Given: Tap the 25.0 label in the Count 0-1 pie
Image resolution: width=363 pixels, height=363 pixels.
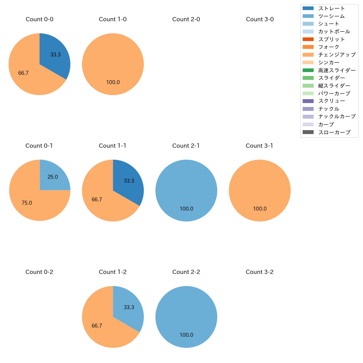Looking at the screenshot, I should (53, 177).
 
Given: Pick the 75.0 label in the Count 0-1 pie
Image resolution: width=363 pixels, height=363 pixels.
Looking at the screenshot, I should (27, 203).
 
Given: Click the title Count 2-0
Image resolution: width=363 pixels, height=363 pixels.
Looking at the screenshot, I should (186, 19).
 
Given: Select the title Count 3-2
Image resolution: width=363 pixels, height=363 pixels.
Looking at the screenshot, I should (260, 272).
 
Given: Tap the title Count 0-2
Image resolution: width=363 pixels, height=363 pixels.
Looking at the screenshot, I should (39, 272).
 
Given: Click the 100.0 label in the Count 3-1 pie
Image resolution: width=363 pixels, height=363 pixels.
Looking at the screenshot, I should (260, 209).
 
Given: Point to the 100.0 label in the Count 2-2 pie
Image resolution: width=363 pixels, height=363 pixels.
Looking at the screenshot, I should (187, 335).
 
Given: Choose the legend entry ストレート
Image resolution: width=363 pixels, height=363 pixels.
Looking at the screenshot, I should (331, 8).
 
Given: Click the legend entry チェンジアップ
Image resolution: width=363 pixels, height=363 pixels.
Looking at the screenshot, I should (337, 55).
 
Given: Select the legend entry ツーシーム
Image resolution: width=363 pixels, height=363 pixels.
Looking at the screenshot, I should (331, 16).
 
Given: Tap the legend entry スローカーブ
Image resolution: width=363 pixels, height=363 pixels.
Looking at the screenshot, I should (334, 132).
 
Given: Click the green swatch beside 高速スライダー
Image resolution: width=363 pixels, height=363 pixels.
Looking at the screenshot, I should (308, 70).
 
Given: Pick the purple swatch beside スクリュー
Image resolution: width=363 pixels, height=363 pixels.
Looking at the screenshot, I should (308, 101).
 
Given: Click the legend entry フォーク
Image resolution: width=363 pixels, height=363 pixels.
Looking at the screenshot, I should (329, 47).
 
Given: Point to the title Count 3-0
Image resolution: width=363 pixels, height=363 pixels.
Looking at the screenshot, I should (260, 19).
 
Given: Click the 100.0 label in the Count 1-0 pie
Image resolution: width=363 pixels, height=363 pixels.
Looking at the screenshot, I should (113, 82).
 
